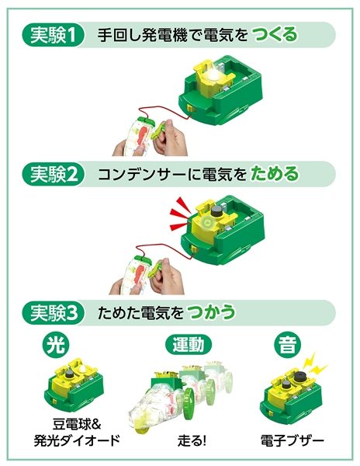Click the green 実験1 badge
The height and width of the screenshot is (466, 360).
click(56, 35)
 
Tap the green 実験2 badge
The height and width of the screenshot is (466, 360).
click(56, 174)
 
